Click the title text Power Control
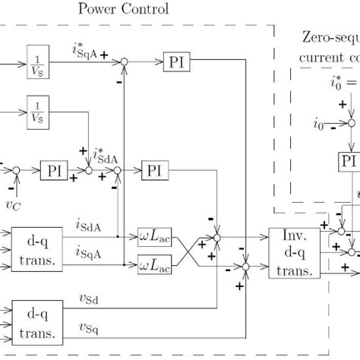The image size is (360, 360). (124, 10)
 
